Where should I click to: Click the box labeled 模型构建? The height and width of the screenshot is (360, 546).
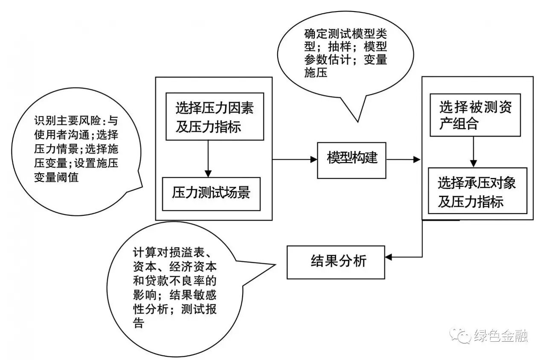(x=351, y=160)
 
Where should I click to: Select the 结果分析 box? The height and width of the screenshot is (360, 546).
(x=337, y=261)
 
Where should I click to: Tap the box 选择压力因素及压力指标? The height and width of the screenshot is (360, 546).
(x=215, y=116)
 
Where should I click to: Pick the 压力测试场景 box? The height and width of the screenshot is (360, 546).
(x=211, y=194)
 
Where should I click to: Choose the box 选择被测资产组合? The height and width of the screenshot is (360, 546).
(x=475, y=115)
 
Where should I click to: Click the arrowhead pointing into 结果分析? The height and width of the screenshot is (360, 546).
(x=389, y=257)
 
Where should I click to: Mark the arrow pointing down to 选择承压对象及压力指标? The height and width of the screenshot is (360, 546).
(x=473, y=163)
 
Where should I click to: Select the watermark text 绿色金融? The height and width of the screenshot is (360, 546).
(x=501, y=336)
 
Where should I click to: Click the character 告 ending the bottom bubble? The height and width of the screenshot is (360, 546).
(x=138, y=323)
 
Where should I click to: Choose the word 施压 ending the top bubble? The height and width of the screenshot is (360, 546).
(x=316, y=73)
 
